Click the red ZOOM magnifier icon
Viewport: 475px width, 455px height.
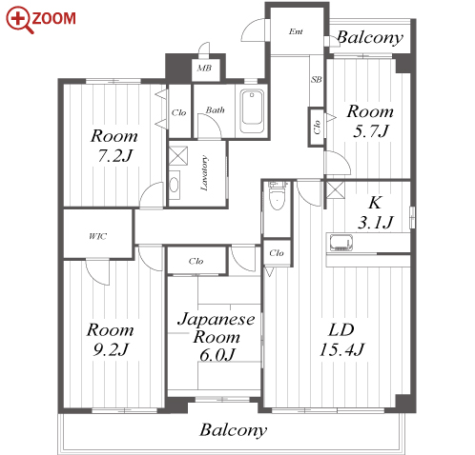tap(18, 20)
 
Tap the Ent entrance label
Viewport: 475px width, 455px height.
tap(296, 31)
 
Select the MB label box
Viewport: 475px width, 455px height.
tap(205, 69)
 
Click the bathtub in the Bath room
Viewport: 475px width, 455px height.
tap(252, 111)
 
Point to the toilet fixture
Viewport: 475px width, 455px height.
tap(278, 196)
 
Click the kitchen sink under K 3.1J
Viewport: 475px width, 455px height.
tap(341, 243)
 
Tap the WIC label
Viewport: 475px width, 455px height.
tap(97, 236)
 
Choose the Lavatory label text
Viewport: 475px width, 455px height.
tap(204, 173)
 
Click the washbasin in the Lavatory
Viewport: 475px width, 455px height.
tap(174, 185)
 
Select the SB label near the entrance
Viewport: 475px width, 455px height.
tap(317, 79)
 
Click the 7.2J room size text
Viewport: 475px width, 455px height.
tap(114, 155)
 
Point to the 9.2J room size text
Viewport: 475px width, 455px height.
tap(111, 349)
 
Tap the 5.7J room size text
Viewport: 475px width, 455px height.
tap(371, 130)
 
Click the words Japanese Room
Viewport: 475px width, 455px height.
tap(217, 327)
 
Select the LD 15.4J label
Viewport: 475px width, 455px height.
tap(341, 340)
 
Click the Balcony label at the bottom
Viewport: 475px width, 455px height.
tap(234, 430)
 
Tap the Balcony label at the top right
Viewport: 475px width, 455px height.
tap(370, 38)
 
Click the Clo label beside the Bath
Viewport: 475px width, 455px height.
tap(178, 112)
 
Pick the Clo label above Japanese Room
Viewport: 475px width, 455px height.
tap(196, 261)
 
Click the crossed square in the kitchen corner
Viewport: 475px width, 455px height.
tap(336, 190)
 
